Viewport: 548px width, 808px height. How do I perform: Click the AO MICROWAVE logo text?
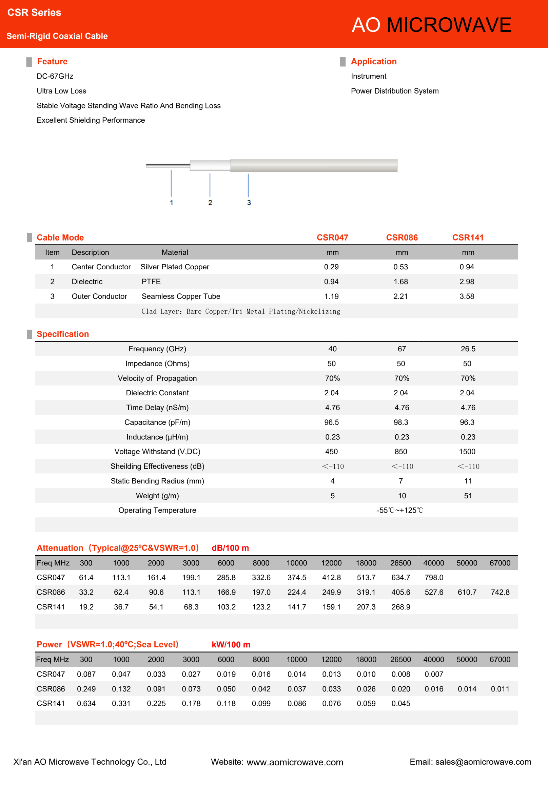pyautogui.click(x=431, y=25)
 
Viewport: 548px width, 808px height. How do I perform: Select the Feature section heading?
pyautogui.click(x=52, y=62)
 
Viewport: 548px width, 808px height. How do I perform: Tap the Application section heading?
pyautogui.click(x=373, y=62)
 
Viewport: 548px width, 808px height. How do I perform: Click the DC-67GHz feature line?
pyautogui.click(x=55, y=76)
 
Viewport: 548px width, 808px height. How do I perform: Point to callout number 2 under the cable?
pyautogui.click(x=210, y=203)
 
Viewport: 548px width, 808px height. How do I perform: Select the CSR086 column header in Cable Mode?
pyautogui.click(x=402, y=237)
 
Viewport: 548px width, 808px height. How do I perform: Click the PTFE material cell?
pyautogui.click(x=151, y=282)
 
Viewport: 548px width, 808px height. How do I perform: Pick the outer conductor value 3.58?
pyautogui.click(x=467, y=296)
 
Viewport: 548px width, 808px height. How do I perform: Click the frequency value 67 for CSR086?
pyautogui.click(x=402, y=349)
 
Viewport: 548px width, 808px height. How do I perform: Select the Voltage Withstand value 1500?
pyautogui.click(x=467, y=452)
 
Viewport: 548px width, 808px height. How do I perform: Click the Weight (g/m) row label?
pyautogui.click(x=157, y=496)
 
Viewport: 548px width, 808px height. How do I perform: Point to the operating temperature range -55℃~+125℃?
pyautogui.click(x=400, y=511)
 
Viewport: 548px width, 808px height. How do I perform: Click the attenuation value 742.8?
pyautogui.click(x=500, y=593)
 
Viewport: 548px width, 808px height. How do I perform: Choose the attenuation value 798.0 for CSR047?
pyautogui.click(x=433, y=578)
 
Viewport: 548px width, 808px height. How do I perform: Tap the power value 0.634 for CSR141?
pyautogui.click(x=86, y=703)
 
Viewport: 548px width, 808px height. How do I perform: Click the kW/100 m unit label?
pyautogui.click(x=231, y=645)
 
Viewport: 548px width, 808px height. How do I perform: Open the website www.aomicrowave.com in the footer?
pyautogui.click(x=295, y=762)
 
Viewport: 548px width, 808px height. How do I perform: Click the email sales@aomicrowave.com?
pyautogui.click(x=483, y=762)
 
